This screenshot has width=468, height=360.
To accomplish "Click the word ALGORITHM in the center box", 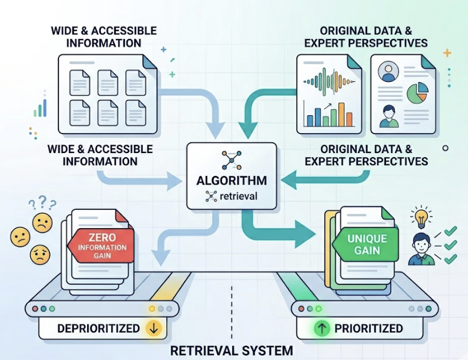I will (232, 181).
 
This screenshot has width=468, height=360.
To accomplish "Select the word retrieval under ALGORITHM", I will (238, 197).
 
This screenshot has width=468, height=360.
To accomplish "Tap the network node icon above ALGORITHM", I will (232, 161).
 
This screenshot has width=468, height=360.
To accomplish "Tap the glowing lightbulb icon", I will (420, 218).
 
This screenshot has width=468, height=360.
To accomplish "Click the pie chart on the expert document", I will (417, 93).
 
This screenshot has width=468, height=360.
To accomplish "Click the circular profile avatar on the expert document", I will (389, 72).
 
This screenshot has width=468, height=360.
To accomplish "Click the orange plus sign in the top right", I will (447, 53).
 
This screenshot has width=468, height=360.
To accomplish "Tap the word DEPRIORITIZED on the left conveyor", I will (98, 328).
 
